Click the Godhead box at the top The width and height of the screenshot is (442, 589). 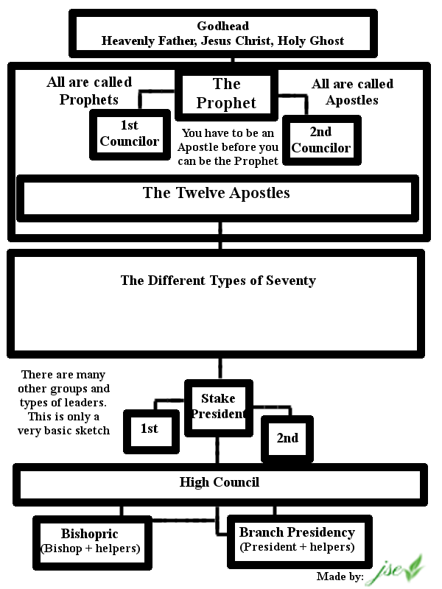coord(223,34)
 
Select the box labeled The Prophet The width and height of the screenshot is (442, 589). coord(226,94)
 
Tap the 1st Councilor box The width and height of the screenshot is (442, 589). coord(130,134)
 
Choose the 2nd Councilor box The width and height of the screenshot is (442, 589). coord(320,140)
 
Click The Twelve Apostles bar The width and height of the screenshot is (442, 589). coord(217,195)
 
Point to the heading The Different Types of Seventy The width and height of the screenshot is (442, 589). coord(218,281)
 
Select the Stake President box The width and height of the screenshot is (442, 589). coord(218,406)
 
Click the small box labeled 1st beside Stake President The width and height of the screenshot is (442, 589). coord(150,429)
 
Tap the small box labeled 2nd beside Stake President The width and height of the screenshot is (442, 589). coord(287,438)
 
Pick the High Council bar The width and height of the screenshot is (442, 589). coord(220,483)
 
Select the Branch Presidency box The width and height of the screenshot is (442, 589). coord(297,539)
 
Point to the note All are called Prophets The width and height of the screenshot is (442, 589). coord(89,91)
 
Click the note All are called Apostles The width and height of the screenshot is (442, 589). coord(352,91)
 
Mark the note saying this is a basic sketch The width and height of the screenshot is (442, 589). coord(64,402)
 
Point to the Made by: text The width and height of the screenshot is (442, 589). coord(340,576)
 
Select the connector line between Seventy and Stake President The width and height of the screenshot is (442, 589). coord(219,367)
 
